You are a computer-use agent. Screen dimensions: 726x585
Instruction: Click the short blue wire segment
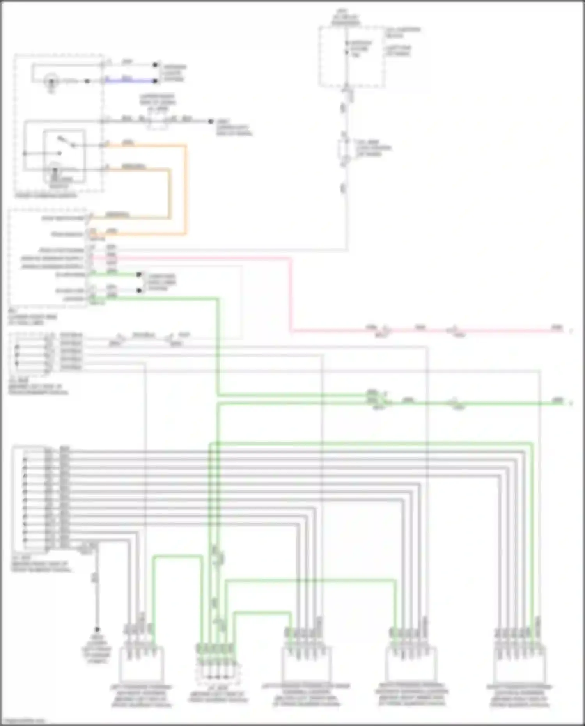129,81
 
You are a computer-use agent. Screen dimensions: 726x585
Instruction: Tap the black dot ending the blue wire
156,81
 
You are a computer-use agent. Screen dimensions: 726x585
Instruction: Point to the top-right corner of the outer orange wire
185,146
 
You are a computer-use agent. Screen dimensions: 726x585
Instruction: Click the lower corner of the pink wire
291,331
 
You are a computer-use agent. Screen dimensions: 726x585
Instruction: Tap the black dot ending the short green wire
139,275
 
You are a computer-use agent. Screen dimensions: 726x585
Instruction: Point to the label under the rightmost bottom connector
519,696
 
